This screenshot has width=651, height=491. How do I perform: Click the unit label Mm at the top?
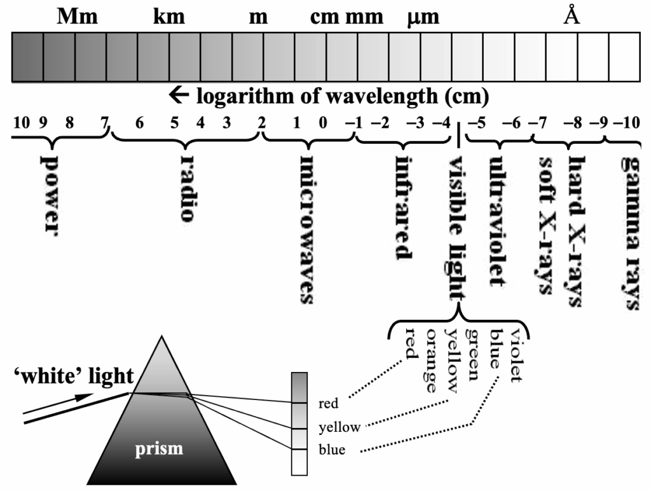[x=78, y=17]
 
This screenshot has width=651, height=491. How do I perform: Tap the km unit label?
[x=169, y=17]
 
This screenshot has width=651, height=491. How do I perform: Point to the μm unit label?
[x=423, y=18]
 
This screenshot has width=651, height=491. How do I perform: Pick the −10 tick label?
[x=626, y=123]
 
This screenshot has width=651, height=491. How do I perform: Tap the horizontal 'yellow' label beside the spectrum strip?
[x=339, y=427]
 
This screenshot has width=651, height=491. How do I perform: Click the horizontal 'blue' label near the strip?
[x=331, y=450]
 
